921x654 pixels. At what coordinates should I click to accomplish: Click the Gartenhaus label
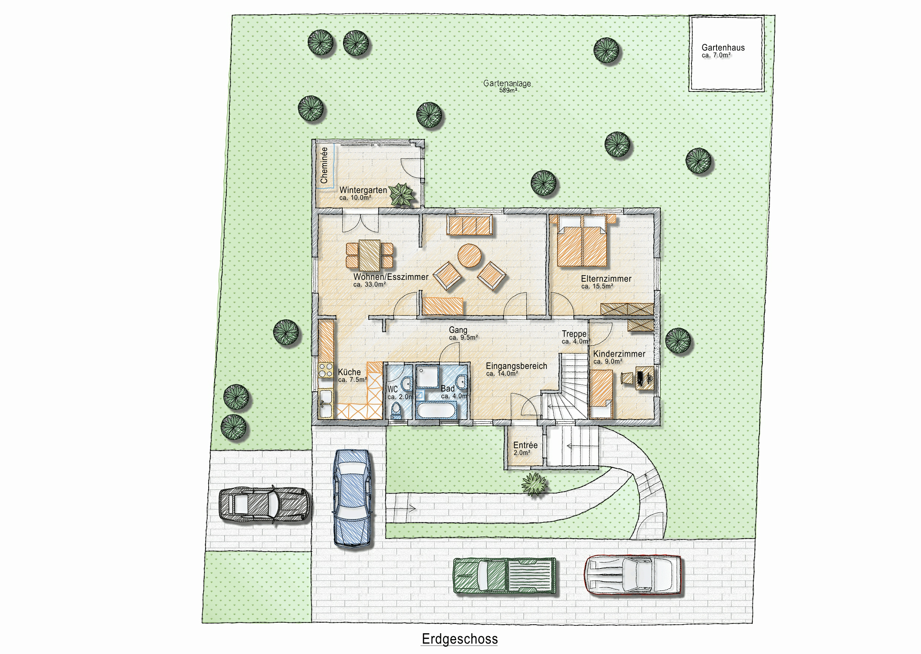tap(723, 48)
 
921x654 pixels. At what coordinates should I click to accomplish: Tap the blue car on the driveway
tap(352, 498)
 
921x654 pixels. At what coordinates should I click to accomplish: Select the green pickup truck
tap(505, 576)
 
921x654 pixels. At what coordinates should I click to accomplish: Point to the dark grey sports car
tap(265, 505)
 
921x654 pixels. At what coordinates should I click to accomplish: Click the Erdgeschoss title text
tap(460, 639)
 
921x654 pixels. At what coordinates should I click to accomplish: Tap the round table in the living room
tap(470, 256)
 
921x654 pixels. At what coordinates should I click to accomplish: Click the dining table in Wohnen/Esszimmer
tap(369, 255)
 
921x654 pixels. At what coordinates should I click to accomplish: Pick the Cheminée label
tap(324, 165)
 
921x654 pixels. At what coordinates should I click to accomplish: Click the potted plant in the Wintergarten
tap(401, 195)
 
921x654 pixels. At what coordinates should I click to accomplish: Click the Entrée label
tap(525, 445)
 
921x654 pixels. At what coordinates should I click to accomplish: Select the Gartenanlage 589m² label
tap(507, 86)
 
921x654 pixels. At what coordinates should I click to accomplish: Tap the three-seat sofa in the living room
tap(470, 225)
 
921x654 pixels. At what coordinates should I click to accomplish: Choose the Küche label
tap(349, 372)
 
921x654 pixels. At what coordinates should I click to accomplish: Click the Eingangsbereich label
tap(516, 366)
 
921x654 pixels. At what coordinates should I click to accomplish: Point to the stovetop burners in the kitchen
tap(326, 370)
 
